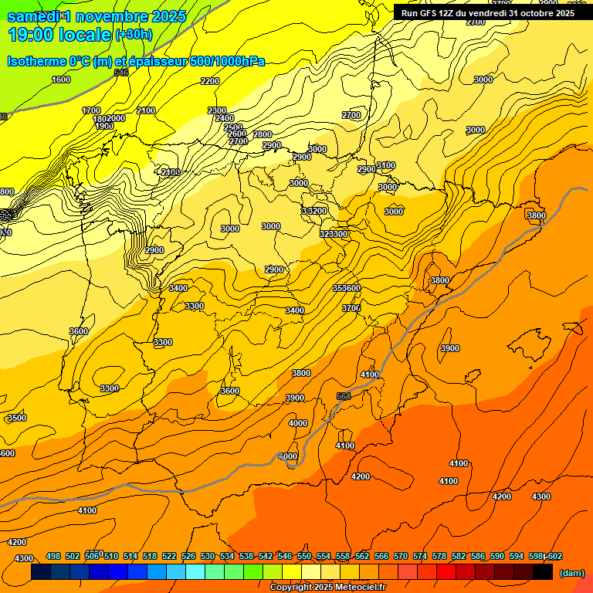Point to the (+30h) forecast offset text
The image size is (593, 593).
click(133, 35)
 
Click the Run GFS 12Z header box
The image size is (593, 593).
click(488, 12)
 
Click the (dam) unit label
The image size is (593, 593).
click(571, 573)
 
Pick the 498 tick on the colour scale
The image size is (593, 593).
click(53, 557)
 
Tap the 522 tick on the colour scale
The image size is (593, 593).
click(169, 557)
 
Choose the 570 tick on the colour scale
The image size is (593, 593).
click(401, 557)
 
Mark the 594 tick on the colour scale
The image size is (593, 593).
click(517, 557)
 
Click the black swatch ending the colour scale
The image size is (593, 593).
click(543, 572)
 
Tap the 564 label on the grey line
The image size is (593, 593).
click(344, 396)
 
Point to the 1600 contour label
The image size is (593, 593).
click(61, 80)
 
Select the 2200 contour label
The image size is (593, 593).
click(209, 81)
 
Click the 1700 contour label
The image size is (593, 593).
click(91, 110)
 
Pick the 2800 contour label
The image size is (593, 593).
click(263, 134)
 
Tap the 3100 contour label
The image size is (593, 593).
click(386, 165)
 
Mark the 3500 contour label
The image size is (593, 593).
click(16, 418)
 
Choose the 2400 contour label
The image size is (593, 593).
click(225, 118)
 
